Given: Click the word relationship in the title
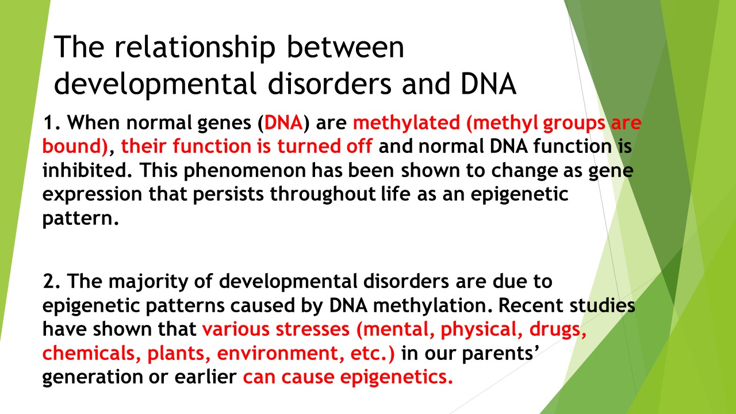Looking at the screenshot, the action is click(194, 48).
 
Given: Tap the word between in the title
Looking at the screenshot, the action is click(346, 47).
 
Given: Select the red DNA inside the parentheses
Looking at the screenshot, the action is click(283, 122).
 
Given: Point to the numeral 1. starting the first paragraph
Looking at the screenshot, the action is click(52, 122).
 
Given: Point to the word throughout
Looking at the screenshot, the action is click(323, 194).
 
